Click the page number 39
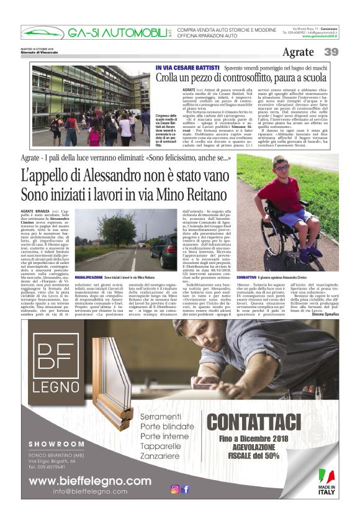point(331,53)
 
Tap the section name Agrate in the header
point(297,53)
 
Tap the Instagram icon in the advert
point(175,489)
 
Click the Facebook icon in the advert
point(185,489)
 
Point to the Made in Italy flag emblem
point(327,476)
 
